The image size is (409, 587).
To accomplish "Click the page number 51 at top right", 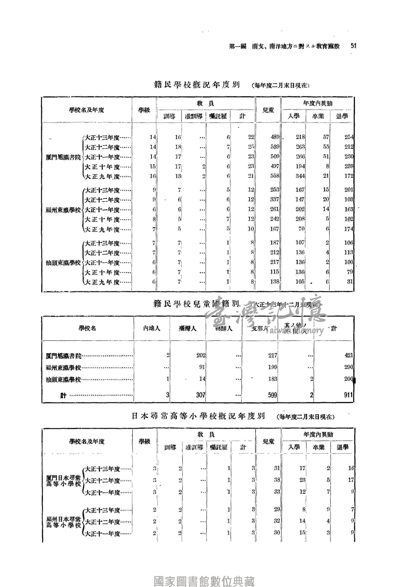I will pos(353,46).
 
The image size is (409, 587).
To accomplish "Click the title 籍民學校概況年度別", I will pos(197,85).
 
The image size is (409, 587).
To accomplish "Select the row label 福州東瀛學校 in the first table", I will pos(63,210).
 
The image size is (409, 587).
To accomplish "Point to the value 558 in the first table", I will pos(275,176).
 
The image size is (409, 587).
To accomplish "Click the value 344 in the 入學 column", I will pos(300,176).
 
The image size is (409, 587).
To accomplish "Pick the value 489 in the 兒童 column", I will pos(275,137).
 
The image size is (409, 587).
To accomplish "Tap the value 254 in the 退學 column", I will pos(349,137).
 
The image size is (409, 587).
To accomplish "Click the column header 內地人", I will pos(152,328).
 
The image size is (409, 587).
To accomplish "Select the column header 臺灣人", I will pos(188,328).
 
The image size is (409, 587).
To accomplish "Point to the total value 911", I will pos(348,395).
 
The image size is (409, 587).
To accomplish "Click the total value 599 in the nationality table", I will pos(272,395).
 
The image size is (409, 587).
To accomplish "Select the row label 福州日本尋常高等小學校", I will pos(63,522).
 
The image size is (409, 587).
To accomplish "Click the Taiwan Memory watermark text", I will pos(294,330).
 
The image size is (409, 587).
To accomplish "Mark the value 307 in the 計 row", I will pos(201,395).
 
